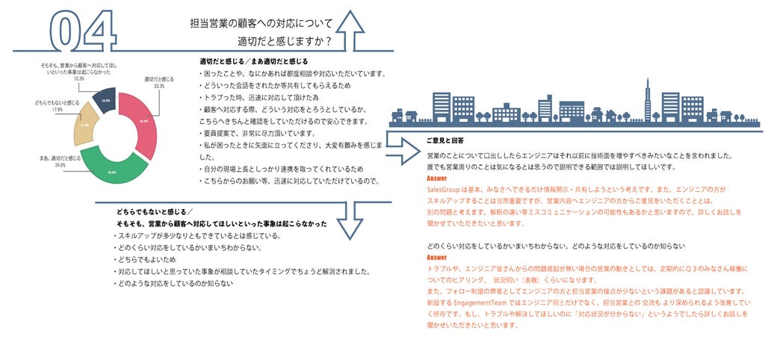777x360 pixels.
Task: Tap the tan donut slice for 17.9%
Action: point(85,125)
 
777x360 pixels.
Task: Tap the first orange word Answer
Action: point(436,180)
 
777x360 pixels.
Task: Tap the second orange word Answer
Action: point(436,258)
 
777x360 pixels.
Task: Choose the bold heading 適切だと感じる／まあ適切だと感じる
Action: point(253,60)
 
